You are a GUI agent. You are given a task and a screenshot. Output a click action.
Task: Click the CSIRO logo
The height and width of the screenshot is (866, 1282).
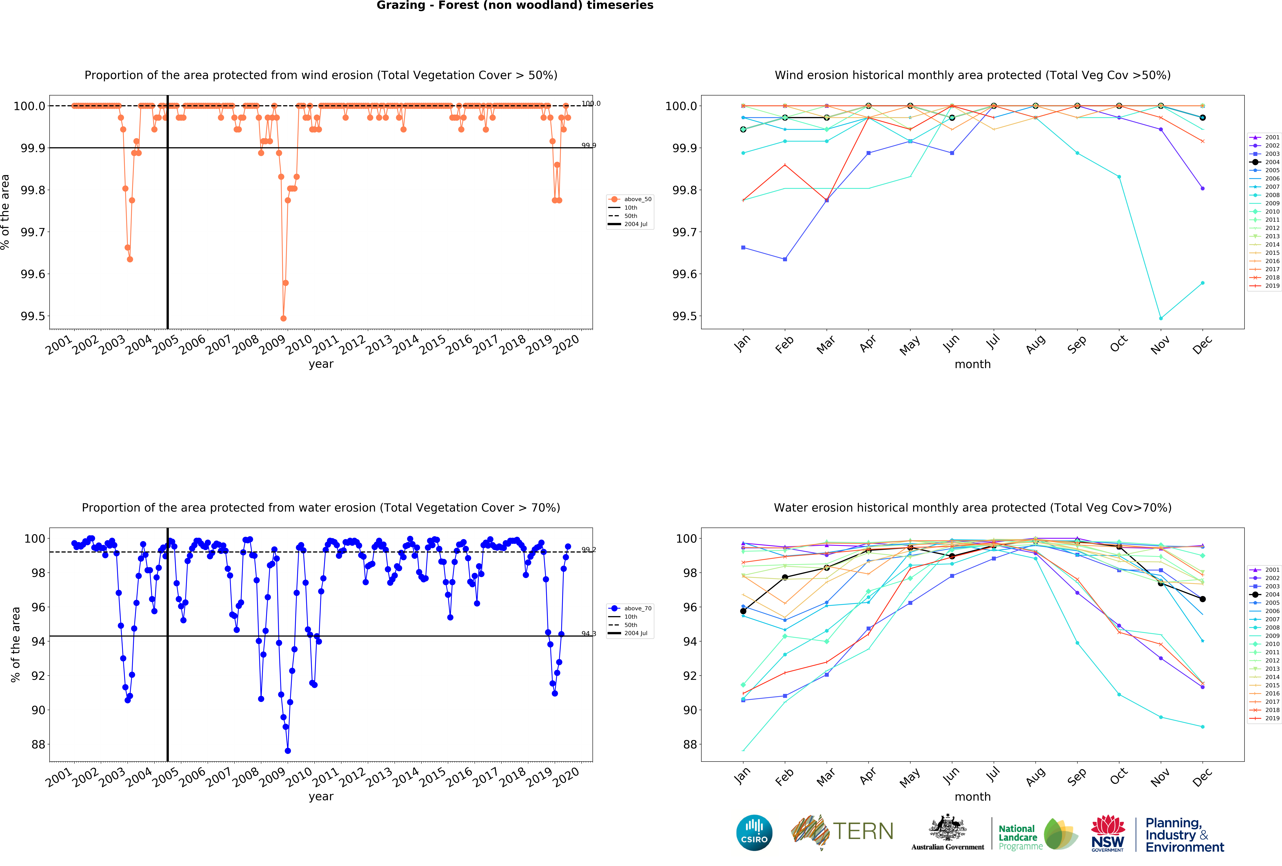pos(754,832)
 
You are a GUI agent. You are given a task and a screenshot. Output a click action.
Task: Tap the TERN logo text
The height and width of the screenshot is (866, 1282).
pos(863,831)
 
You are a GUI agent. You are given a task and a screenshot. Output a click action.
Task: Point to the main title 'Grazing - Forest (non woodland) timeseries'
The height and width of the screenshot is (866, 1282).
pos(515,6)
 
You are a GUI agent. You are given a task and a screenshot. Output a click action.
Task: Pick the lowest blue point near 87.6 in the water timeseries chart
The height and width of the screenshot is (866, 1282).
pos(288,751)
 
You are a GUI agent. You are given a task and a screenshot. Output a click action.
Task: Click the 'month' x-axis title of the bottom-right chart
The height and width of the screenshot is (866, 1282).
pos(973,796)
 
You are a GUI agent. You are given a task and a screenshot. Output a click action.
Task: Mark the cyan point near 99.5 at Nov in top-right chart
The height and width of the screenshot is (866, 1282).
pos(1161,318)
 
